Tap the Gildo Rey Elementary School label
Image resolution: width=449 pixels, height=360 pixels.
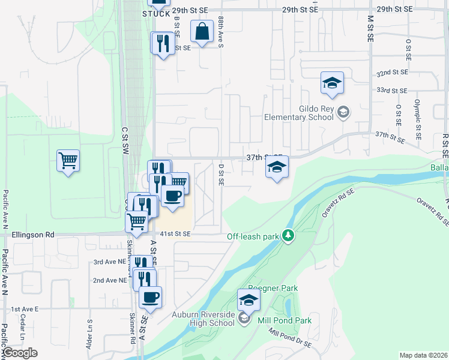coord(299,113)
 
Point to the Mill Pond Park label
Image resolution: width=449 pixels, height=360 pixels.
coord(285,320)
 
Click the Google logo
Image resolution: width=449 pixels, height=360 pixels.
coord(21,353)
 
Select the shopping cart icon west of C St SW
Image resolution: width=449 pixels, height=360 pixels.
coord(68,160)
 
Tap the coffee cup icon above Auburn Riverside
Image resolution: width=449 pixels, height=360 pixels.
coord(150,296)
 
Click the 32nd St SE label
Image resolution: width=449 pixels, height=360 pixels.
coord(391,72)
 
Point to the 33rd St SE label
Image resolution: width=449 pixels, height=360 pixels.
coord(391,90)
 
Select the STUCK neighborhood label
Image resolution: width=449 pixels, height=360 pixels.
coord(157,13)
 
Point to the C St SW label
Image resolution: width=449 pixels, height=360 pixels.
coord(125,140)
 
